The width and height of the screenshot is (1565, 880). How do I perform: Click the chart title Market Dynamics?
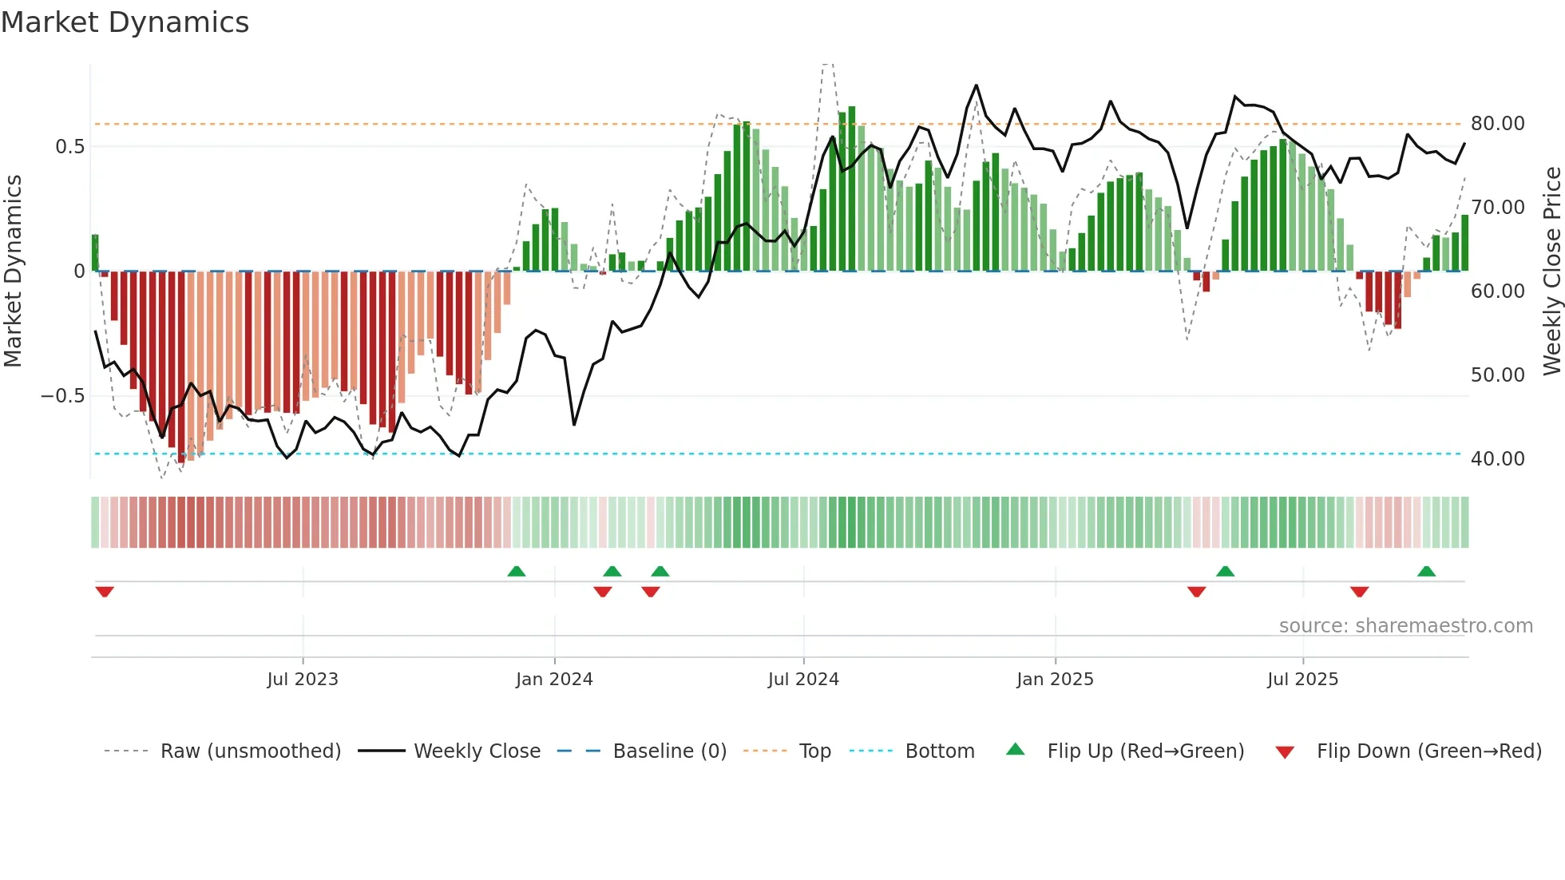coord(125,22)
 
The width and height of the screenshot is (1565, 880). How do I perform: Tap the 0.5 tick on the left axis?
coord(69,147)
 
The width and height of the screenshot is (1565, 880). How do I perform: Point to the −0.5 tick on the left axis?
coord(62,396)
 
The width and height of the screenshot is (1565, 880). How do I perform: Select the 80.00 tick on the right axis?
coord(1497,124)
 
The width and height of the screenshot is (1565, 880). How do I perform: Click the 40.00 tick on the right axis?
coord(1497,459)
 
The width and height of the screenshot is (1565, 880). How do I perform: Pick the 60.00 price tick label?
coord(1497,291)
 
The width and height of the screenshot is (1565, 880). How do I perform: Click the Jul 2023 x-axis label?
coord(303,680)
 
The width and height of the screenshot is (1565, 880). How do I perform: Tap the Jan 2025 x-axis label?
coord(1055,680)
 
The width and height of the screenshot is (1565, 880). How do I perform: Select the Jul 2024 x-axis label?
coord(803,680)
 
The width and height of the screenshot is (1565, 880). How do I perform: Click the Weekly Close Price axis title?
coord(1551,272)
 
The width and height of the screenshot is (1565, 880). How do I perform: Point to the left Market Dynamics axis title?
coord(13,272)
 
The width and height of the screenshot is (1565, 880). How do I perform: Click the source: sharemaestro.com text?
coord(1405,626)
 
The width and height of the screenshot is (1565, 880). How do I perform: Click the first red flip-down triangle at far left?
coord(105,592)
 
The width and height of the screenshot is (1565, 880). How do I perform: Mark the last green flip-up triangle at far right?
coord(1426,571)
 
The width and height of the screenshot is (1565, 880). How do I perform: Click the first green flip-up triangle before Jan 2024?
coord(517,571)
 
